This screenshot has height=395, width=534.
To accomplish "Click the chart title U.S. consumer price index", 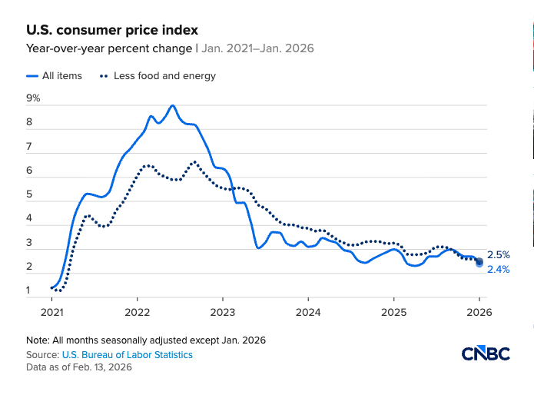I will click(112, 30).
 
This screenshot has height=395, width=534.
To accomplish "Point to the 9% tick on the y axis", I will click(33, 98).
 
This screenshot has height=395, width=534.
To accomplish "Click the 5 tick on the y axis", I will click(29, 194).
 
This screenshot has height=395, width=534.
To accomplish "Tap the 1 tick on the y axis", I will click(29, 290).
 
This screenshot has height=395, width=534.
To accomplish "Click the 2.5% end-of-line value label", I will click(498, 254).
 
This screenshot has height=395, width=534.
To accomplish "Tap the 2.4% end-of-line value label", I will click(498, 270).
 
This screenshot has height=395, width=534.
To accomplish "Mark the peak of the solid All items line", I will click(172, 105).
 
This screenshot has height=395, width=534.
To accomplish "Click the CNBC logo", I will click(485, 354).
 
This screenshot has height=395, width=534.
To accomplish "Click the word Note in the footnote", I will click(36, 340).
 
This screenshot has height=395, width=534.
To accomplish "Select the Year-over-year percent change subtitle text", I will click(108, 48).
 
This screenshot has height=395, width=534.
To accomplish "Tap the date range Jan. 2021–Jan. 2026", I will click(257, 48).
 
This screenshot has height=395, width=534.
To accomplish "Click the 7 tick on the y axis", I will click(29, 146).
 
